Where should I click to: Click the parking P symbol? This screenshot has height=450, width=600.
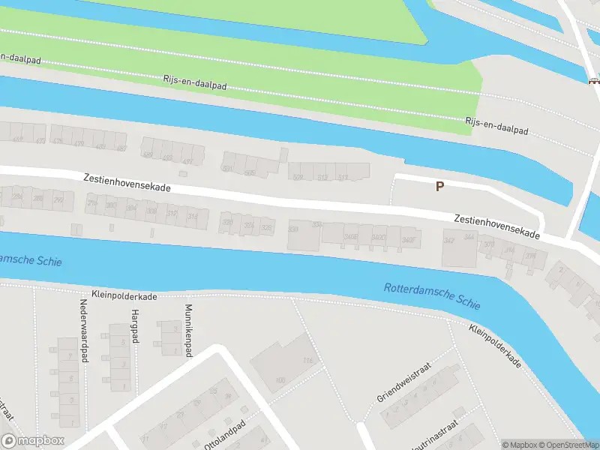[440, 186]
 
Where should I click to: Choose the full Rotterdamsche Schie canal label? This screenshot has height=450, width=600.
[432, 297]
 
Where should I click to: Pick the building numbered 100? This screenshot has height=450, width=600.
[280, 380]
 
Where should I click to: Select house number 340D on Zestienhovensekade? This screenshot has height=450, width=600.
[379, 238]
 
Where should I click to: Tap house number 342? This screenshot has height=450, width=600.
[449, 241]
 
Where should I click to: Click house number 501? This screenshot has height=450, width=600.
[228, 169]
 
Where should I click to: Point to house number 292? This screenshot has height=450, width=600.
[58, 200]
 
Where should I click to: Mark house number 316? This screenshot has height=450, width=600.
[192, 217]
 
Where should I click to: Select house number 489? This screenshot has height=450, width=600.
[148, 155]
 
